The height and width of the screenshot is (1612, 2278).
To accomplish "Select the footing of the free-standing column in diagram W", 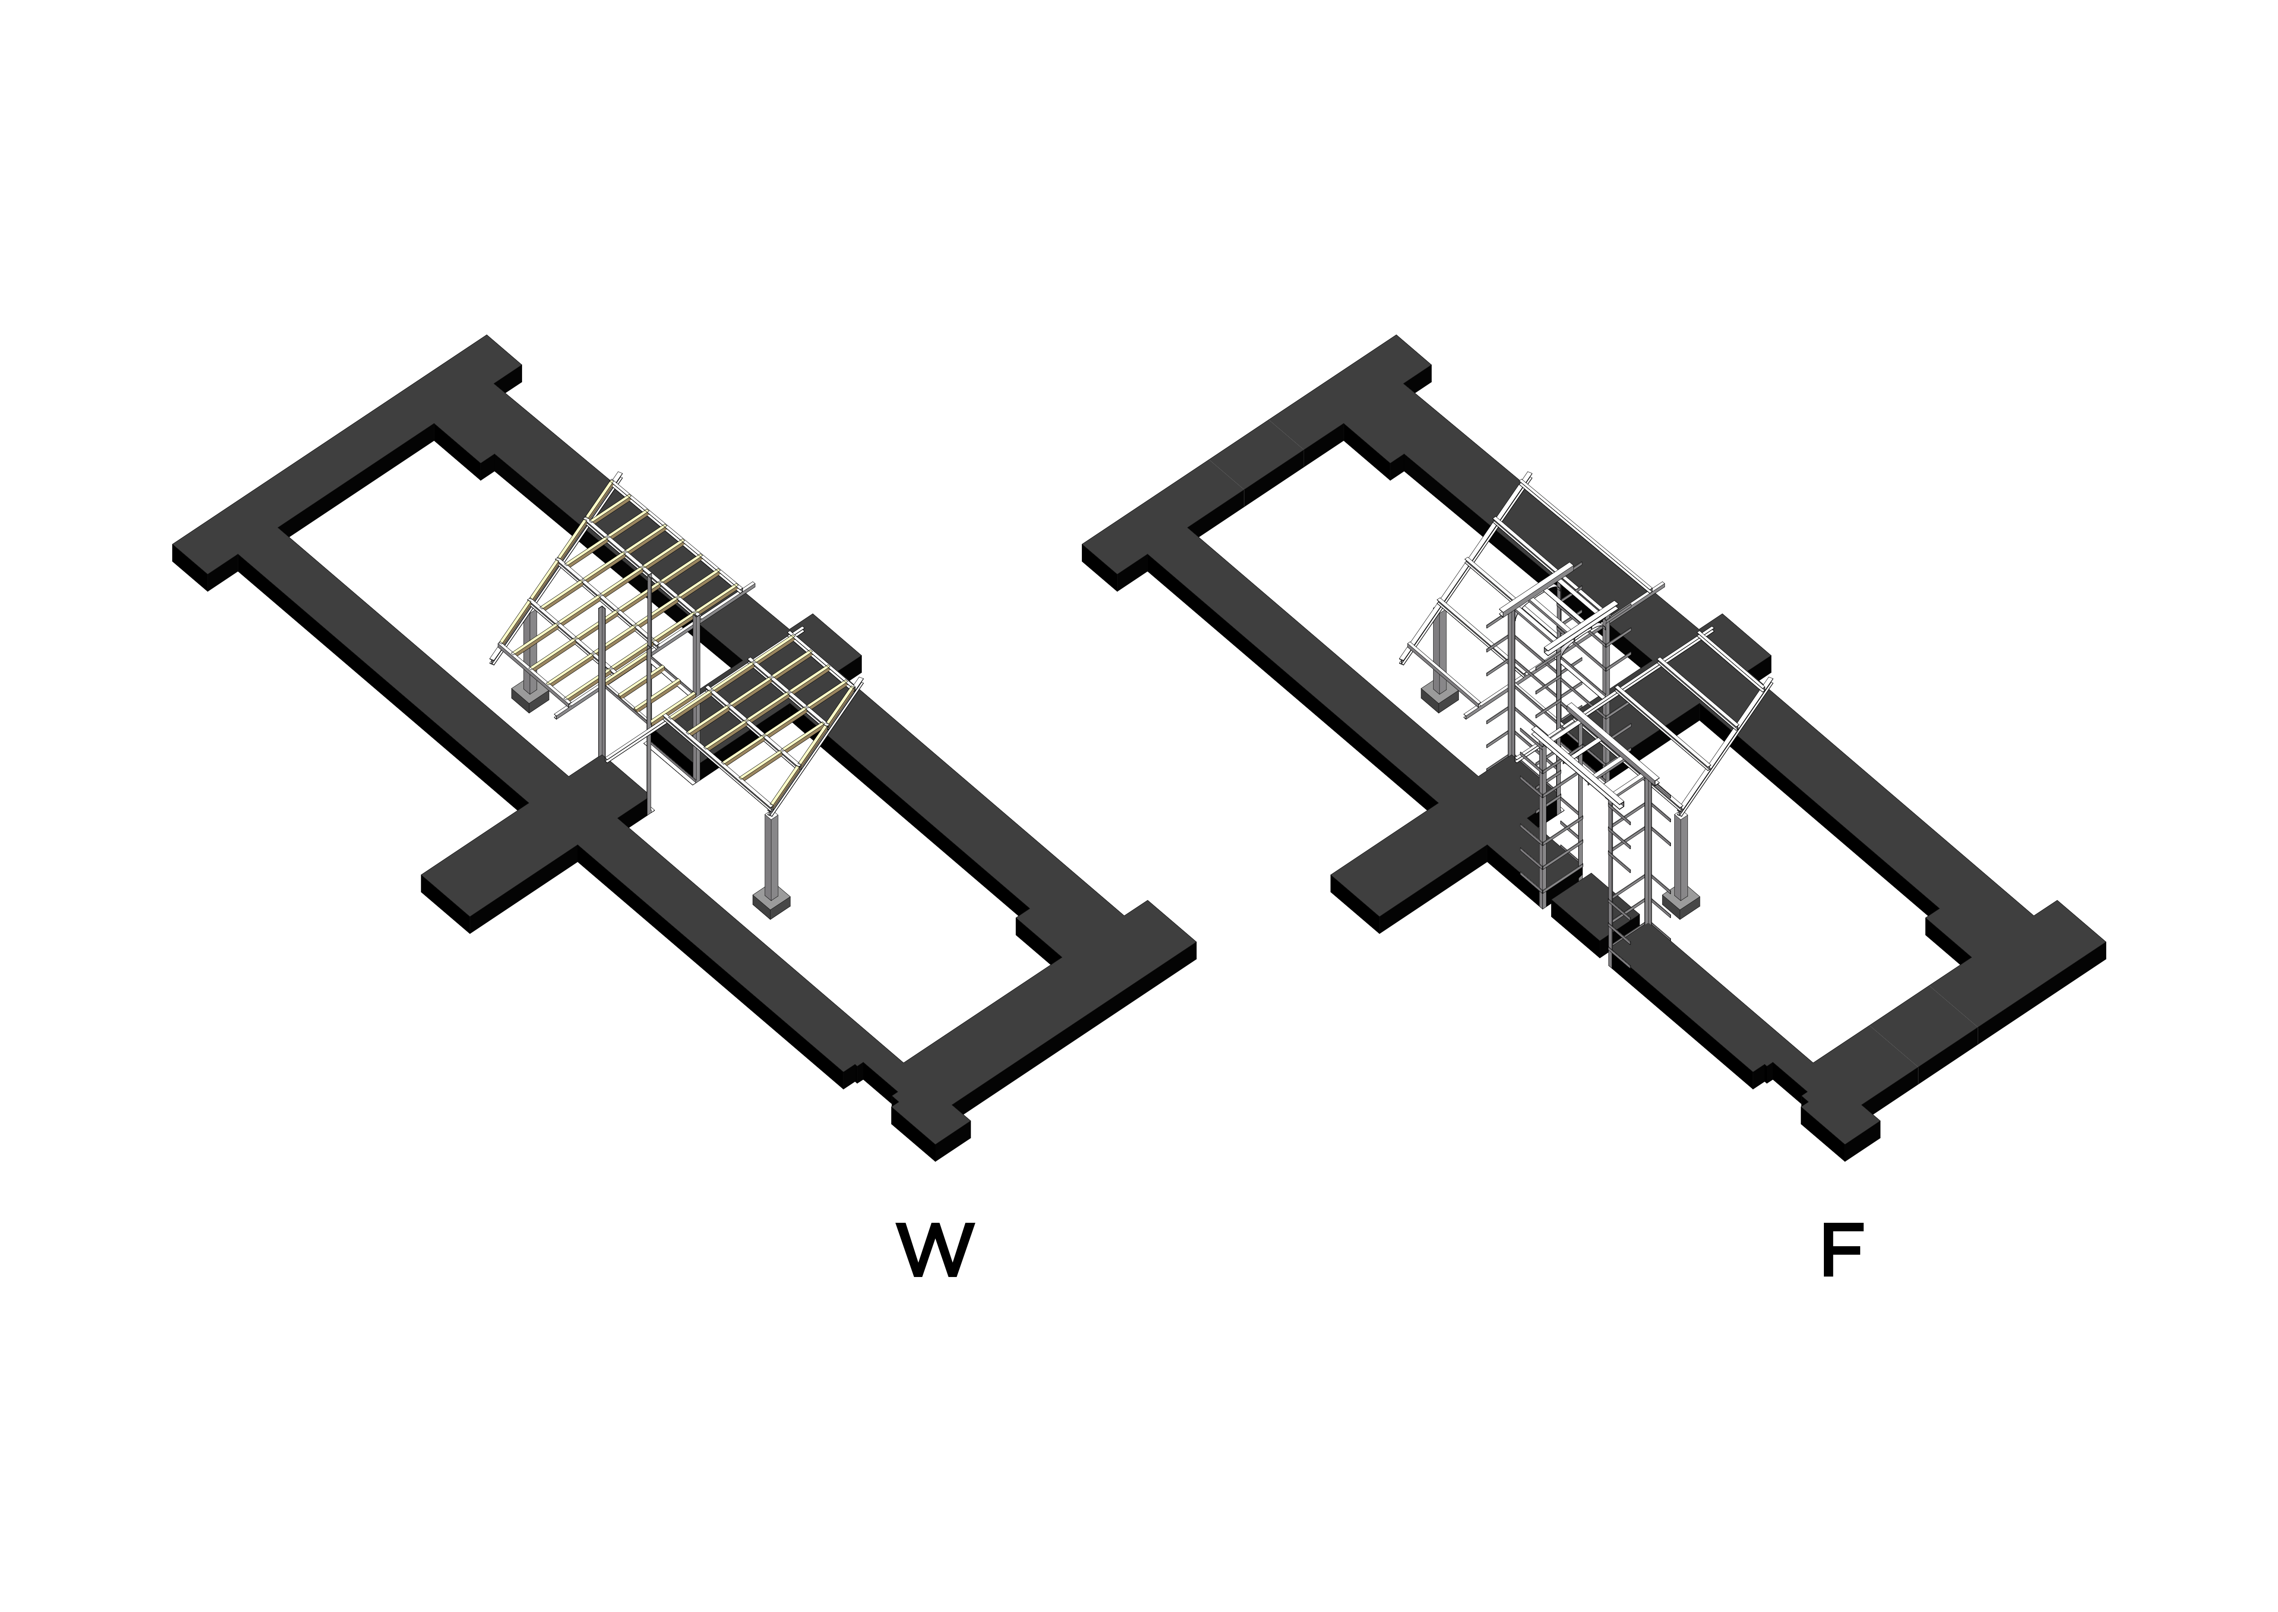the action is pyautogui.click(x=772, y=901).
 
